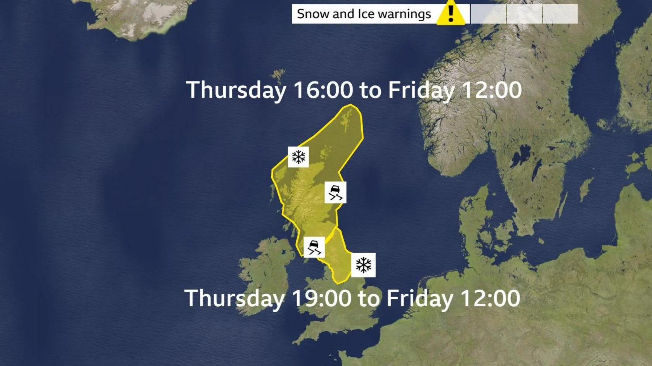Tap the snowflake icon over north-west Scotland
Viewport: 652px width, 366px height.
click(x=298, y=157)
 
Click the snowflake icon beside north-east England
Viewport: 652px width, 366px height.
click(x=363, y=265)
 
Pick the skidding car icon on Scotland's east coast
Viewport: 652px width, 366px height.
click(x=335, y=192)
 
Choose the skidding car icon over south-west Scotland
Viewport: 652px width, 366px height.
click(x=314, y=247)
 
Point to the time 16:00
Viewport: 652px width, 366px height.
click(x=323, y=90)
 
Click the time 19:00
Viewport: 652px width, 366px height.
click(x=321, y=299)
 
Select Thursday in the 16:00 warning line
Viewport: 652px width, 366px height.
click(x=236, y=90)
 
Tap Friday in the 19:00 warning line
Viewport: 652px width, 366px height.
click(x=420, y=299)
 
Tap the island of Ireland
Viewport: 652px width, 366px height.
click(x=264, y=271)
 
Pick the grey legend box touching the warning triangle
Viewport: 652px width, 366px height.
click(x=488, y=14)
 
